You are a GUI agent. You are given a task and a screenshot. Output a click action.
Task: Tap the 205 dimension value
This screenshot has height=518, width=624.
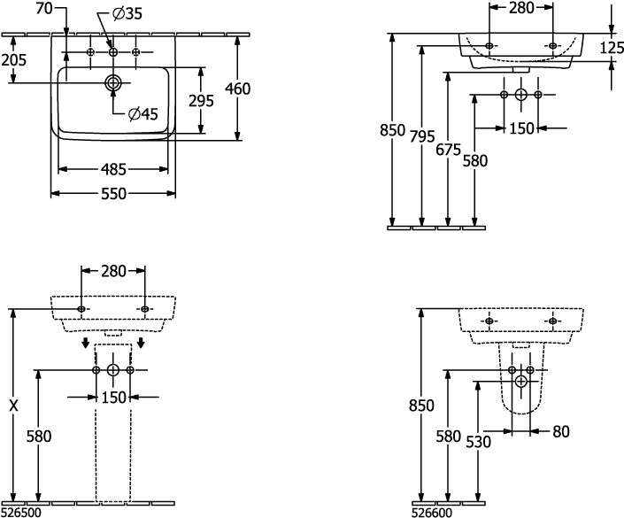tap(13, 59)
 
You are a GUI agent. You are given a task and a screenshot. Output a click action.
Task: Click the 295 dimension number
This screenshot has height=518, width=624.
tap(201, 100)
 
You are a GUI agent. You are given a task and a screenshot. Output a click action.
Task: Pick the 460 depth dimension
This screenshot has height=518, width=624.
tap(238, 88)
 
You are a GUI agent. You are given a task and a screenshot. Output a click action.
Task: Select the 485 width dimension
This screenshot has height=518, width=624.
tap(112, 168)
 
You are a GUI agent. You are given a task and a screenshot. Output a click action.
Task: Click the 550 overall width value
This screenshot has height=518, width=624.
tap(112, 192)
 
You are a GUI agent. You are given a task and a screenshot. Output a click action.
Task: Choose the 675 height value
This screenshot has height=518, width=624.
tap(449, 151)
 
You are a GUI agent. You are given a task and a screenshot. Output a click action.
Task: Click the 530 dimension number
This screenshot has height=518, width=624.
tap(476, 440)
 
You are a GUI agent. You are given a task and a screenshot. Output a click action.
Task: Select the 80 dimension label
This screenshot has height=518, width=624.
tap(559, 432)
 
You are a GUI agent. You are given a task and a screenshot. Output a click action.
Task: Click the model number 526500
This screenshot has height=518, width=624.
tap(19, 511)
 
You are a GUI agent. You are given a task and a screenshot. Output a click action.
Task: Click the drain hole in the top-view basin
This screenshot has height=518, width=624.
tap(113, 83)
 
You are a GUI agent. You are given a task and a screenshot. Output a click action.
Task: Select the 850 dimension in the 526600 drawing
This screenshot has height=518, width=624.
tap(422, 406)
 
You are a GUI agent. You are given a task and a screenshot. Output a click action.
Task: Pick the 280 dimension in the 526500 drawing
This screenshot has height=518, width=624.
tap(113, 271)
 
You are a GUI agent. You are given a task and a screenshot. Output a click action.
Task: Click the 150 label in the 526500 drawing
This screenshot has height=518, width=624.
tap(113, 398)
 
